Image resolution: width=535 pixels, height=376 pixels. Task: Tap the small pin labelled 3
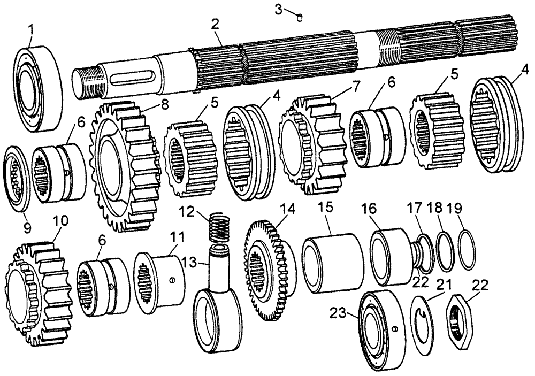301,18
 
